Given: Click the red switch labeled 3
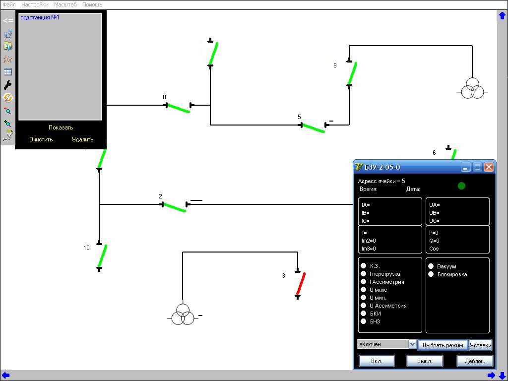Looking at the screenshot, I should click(301, 284).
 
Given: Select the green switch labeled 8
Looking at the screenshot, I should click(179, 108).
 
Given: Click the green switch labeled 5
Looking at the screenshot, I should click(313, 128).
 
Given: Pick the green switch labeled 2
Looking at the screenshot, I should click(175, 207).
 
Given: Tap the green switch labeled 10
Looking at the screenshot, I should click(102, 256).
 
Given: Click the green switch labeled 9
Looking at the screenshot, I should click(352, 73).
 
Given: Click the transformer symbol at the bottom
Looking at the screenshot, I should click(183, 315).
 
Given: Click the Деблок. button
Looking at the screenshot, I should click(474, 361).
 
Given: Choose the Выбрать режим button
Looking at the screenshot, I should click(443, 345).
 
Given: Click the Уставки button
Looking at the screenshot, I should click(480, 345).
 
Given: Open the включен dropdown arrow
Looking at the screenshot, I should click(412, 344).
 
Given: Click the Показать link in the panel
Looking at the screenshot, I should click(61, 127).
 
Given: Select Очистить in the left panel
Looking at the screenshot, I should click(41, 139).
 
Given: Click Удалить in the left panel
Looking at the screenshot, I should click(82, 139).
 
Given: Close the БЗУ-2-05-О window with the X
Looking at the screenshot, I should click(489, 167).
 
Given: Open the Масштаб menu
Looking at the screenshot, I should click(65, 4).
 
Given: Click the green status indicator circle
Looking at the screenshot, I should click(461, 186).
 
